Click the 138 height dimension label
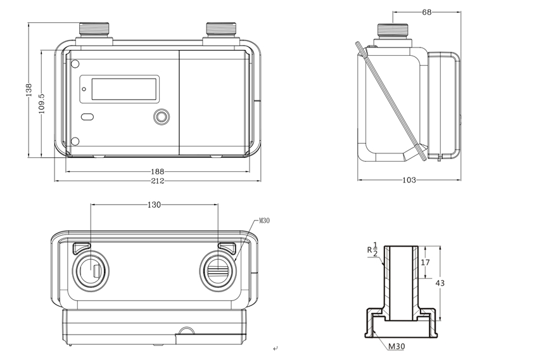coord(29,91)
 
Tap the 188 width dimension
coord(157,171)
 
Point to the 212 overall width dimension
coord(157,181)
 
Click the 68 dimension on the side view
coord(427,12)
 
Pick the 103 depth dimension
coord(409,180)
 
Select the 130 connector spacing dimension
coord(154,205)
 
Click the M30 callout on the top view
coord(264,221)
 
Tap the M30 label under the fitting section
coord(397,346)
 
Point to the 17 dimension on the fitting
coord(426,262)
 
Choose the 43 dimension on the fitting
coord(440,283)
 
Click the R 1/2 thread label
coord(372,249)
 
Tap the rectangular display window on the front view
coord(125,88)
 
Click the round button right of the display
coord(163,117)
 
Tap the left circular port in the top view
coord(92,271)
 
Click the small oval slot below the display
coord(87,117)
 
